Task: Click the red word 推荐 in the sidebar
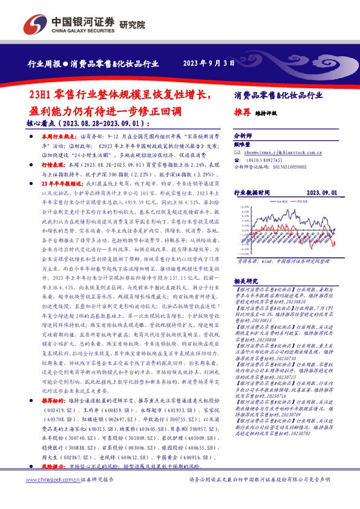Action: pos(241,112)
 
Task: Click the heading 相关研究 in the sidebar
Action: pos(245,282)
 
